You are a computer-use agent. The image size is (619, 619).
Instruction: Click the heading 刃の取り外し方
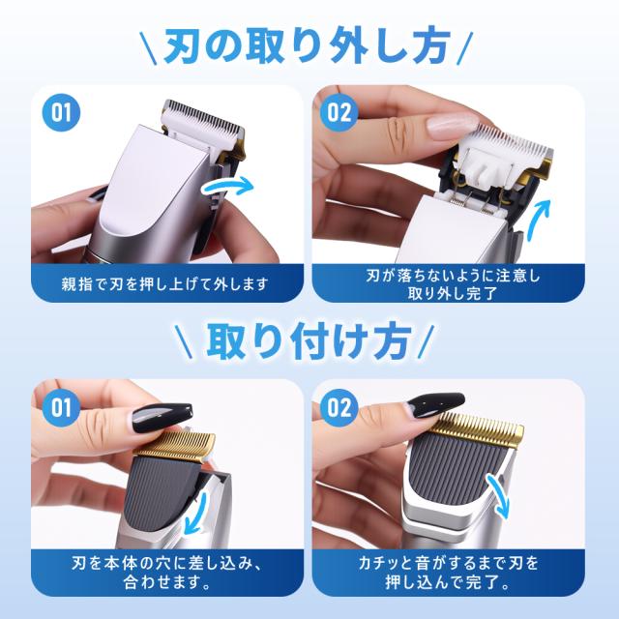click(307, 46)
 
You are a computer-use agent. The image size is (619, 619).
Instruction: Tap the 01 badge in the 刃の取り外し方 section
click(61, 112)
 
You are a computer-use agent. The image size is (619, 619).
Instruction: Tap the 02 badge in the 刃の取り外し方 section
click(339, 112)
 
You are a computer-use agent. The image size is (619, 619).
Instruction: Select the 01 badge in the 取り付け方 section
click(61, 407)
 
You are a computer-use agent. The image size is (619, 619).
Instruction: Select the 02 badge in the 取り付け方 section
click(339, 407)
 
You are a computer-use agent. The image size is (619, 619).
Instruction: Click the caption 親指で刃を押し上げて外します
click(165, 283)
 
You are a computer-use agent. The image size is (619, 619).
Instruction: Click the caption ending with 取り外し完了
click(453, 284)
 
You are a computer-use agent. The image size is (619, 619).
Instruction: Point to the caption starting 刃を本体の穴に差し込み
click(167, 573)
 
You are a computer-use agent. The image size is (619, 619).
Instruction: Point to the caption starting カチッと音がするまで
click(448, 573)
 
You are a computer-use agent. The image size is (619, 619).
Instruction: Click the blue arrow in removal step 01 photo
click(227, 185)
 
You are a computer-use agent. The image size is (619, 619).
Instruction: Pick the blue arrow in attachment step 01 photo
click(196, 514)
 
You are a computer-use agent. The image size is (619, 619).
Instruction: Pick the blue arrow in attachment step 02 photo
click(498, 496)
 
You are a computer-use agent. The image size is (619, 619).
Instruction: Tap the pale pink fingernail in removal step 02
click(453, 126)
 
